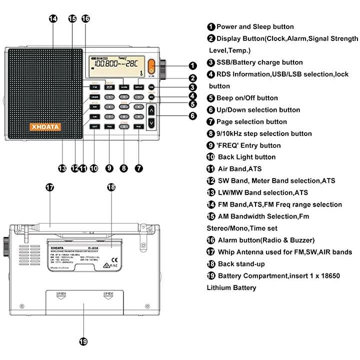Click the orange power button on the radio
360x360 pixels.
pyautogui.click(x=151, y=65)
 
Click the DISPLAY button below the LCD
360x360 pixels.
pyautogui.click(x=138, y=87)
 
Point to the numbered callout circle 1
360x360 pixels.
pyautogui.click(x=192, y=65)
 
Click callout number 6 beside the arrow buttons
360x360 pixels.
pyautogui.click(x=192, y=115)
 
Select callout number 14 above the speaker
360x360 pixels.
pyautogui.click(x=53, y=18)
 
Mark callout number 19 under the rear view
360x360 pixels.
pyautogui.click(x=83, y=342)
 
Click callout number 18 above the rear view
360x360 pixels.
pyautogui.click(x=111, y=187)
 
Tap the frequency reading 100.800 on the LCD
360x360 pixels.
pyautogui.click(x=107, y=64)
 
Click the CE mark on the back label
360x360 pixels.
pyautogui.click(x=114, y=259)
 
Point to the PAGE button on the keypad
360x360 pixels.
pyautogui.click(x=138, y=126)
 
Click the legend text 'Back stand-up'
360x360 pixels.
pyautogui.click(x=241, y=263)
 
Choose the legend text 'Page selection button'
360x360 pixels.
pyautogui.click(x=251, y=121)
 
